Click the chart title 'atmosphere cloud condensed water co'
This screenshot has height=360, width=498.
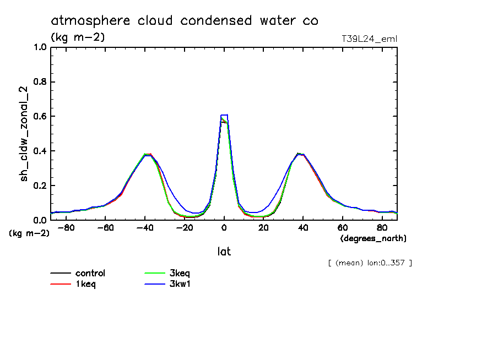[185, 21]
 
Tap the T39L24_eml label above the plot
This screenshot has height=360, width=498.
[369, 39]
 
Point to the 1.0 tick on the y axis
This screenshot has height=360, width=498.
[40, 47]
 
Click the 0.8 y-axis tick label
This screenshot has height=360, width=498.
[40, 82]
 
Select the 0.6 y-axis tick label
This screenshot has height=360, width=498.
[40, 117]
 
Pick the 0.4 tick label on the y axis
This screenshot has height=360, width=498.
[40, 151]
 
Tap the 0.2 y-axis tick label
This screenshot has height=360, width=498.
[40, 186]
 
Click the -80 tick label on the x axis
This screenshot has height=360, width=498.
[66, 227]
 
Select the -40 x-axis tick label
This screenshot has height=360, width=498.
[145, 227]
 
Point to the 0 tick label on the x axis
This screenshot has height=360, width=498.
[224, 227]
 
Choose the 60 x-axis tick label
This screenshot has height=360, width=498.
[343, 227]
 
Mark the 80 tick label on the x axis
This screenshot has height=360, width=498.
[382, 227]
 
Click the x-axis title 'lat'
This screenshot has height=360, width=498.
[224, 252]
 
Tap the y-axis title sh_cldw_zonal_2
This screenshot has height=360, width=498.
[25, 133]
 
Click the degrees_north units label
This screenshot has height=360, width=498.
[373, 238]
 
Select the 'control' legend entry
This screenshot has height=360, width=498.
[90, 273]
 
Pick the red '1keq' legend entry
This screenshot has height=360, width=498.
[87, 284]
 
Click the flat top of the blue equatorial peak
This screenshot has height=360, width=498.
[224, 115]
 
